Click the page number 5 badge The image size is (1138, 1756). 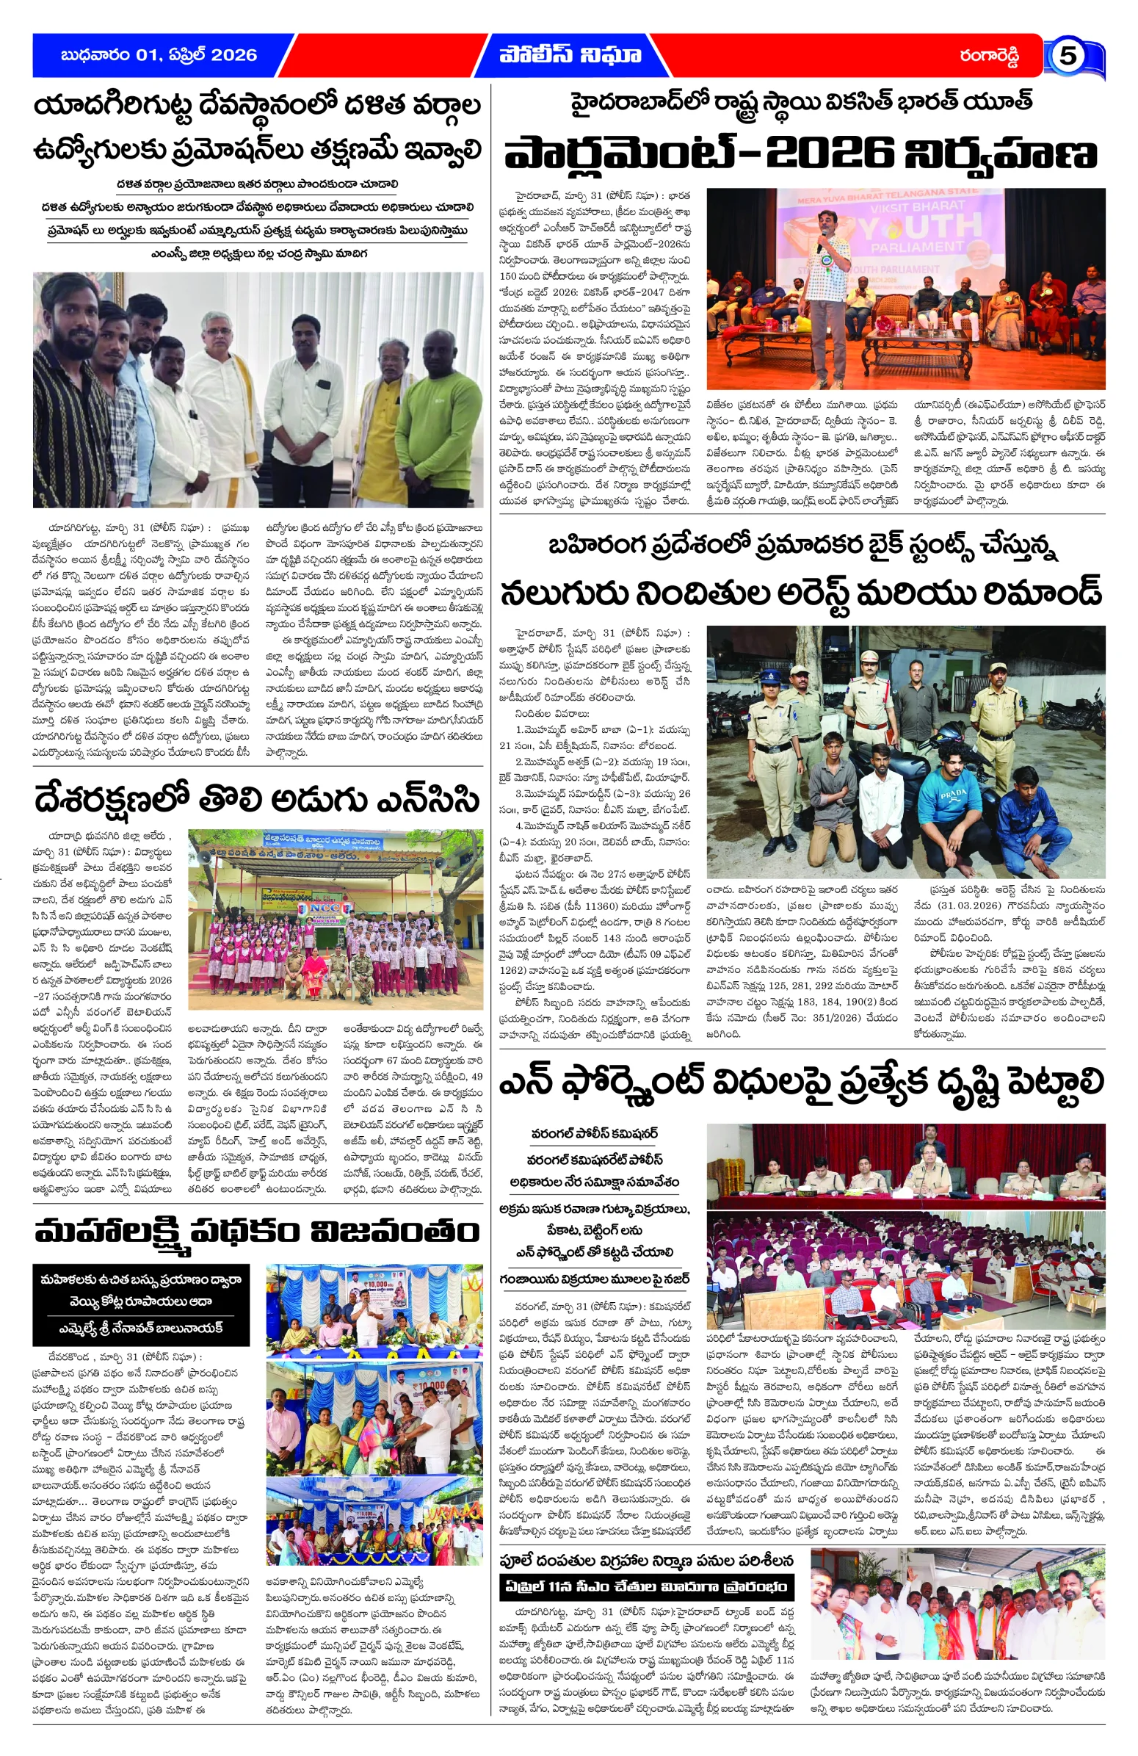coord(1068,56)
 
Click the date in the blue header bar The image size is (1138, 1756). coord(159,55)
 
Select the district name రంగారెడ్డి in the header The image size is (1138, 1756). coord(989,55)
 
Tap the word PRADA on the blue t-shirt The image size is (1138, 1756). coord(954,796)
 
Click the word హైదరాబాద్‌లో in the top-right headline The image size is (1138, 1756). coord(642,102)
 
